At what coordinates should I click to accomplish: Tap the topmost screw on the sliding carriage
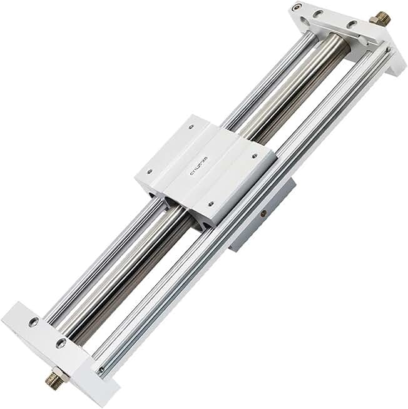[x=192, y=127]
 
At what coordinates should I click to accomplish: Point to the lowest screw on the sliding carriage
[x=211, y=203]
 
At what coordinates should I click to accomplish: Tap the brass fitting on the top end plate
[x=380, y=18]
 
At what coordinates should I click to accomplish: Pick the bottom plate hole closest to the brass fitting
[x=61, y=343]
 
